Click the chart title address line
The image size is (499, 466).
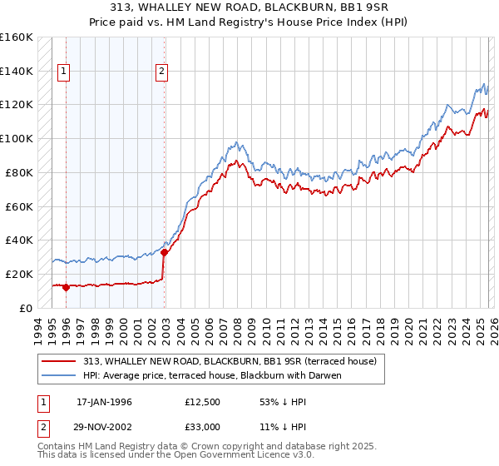point(249,7)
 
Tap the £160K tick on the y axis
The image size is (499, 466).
point(17,37)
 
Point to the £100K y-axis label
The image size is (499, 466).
point(17,139)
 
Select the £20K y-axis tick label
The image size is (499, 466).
point(20,274)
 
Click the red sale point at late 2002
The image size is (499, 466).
point(164,252)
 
